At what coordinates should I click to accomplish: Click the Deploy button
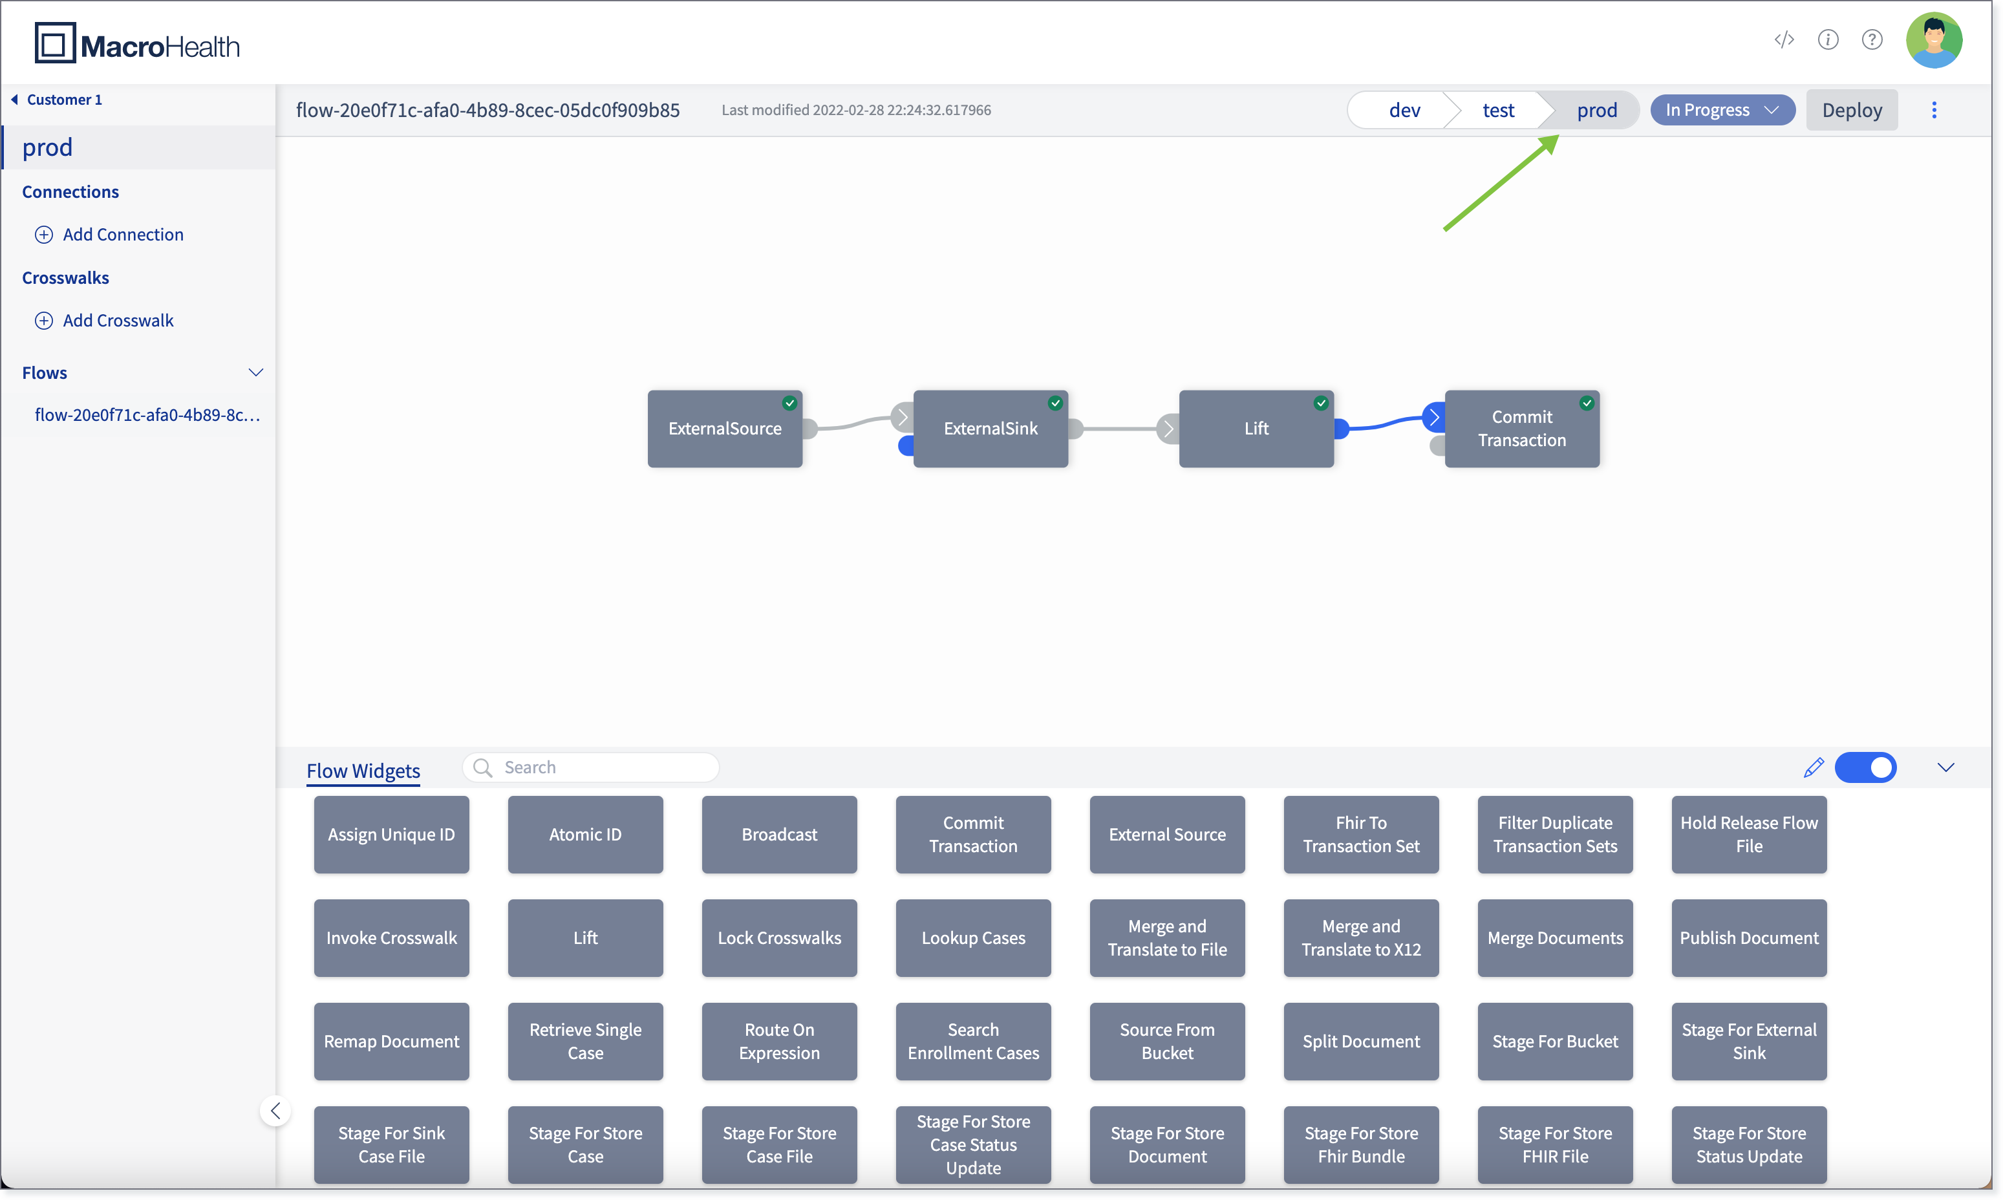(1851, 110)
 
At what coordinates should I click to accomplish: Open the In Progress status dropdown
(1722, 110)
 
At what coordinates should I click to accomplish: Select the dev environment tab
(1404, 110)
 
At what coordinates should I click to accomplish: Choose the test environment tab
(1497, 110)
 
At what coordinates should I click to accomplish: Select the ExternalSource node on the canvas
(725, 429)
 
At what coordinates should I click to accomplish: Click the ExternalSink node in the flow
(991, 429)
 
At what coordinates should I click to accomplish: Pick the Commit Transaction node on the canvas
(1522, 429)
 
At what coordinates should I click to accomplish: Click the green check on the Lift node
(1320, 403)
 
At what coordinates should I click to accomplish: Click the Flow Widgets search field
(591, 767)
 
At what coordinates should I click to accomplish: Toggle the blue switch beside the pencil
(1865, 767)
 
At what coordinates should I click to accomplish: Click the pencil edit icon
(1813, 767)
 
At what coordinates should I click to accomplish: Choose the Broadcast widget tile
(780, 835)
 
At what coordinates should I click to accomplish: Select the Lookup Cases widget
(974, 938)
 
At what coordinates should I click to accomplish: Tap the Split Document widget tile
(1362, 1042)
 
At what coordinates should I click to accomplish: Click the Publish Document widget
(1749, 938)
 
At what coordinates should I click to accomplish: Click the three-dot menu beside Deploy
(1934, 110)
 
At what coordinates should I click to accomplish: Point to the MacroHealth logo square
(55, 43)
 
